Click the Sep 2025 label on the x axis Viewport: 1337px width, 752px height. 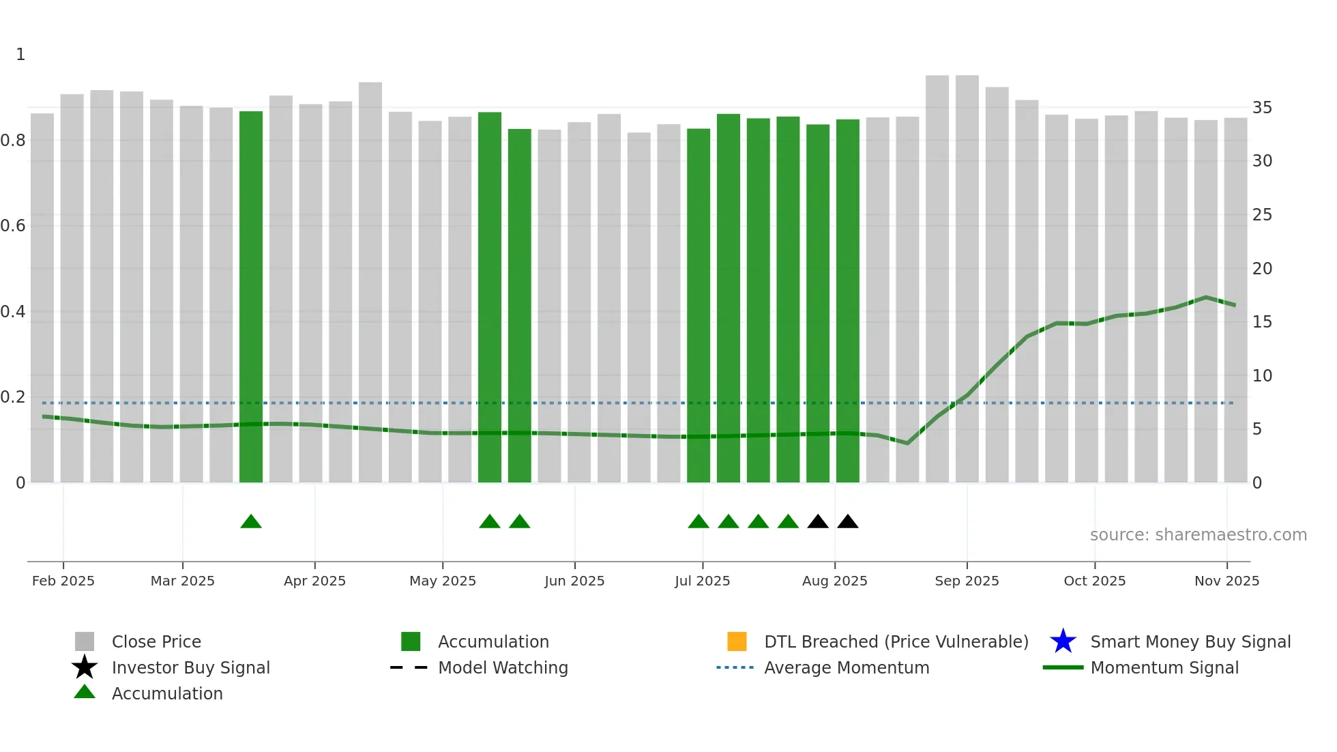click(x=967, y=581)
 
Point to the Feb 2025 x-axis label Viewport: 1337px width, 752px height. click(x=63, y=581)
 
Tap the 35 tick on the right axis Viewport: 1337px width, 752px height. click(x=1262, y=108)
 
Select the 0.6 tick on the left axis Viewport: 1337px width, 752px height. click(x=13, y=226)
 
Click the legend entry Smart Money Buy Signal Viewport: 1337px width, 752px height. click(x=1190, y=642)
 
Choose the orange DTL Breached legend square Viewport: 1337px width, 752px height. click(x=737, y=641)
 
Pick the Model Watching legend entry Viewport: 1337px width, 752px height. click(x=503, y=668)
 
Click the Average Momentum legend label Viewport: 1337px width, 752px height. click(x=847, y=668)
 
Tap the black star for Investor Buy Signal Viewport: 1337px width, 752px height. click(x=85, y=667)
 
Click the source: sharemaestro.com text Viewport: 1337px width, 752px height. click(x=1198, y=535)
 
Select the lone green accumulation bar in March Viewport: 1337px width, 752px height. click(x=251, y=297)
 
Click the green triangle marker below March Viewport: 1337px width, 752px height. click(x=251, y=522)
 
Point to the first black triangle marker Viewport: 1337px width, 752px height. click(x=818, y=522)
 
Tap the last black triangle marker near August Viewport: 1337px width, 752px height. click(x=847, y=522)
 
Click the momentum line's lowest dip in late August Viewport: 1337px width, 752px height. click(x=907, y=444)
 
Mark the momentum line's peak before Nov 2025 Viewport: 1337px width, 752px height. click(x=1206, y=298)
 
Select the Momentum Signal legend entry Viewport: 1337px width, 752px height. click(x=1164, y=668)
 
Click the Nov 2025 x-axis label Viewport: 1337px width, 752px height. click(x=1226, y=581)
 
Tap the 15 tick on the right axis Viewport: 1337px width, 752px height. click(x=1262, y=322)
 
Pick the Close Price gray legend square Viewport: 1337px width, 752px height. click(x=85, y=641)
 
